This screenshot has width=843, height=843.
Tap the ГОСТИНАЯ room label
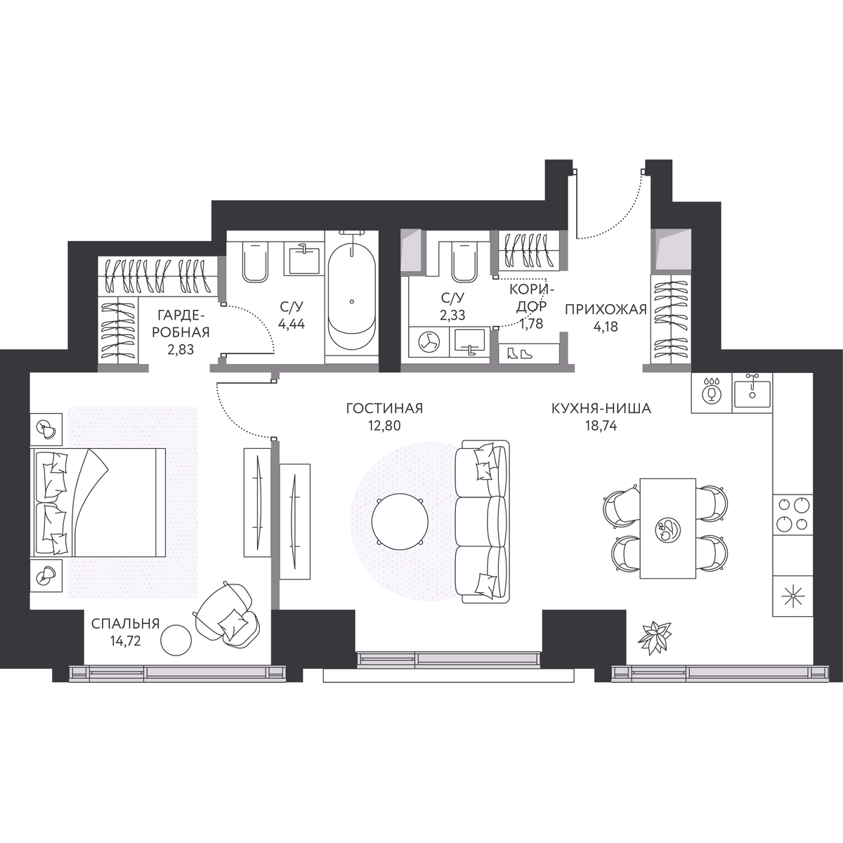(x=384, y=409)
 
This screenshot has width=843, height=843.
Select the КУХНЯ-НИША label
(x=601, y=409)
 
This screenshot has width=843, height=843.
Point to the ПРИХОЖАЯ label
(x=606, y=310)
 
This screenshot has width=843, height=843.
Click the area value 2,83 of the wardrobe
(x=181, y=350)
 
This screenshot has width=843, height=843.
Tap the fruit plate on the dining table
(x=667, y=528)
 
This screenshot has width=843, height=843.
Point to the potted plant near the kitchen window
(x=655, y=639)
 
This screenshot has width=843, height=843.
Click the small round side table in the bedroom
(x=176, y=639)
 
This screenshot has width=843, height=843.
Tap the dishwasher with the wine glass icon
(x=712, y=393)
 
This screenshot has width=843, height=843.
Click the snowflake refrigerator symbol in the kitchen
(x=792, y=597)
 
